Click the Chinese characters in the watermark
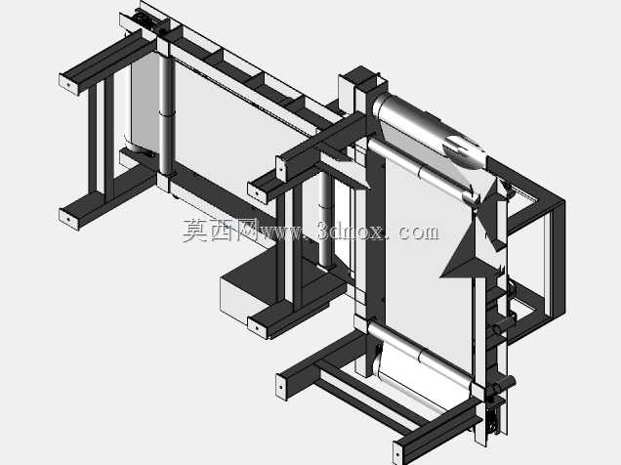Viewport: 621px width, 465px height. tap(221, 231)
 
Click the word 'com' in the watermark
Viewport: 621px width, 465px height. tap(418, 232)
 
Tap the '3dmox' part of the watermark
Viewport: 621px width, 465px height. tap(351, 231)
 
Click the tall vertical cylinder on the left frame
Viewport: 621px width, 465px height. tap(166, 115)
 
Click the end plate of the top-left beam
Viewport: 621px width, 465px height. tap(69, 84)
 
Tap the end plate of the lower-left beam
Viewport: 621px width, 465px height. tap(69, 218)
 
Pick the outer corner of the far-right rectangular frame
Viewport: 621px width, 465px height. tap(564, 201)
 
